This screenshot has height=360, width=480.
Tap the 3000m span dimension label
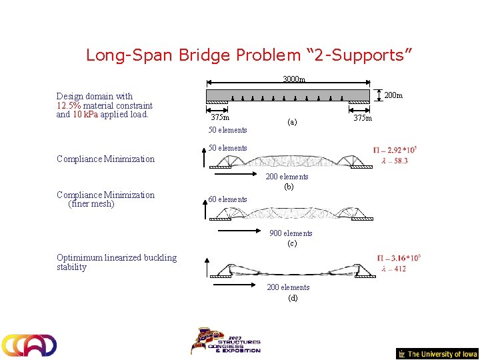293,80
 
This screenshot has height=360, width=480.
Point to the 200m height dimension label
393,95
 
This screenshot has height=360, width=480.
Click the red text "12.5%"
69,105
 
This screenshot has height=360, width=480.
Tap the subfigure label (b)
289,187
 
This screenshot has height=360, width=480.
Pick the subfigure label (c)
291,244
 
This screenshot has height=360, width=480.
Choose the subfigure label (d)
293,298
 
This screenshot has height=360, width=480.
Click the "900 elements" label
291,233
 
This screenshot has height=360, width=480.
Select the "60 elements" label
227,199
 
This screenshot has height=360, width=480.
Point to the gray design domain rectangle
287,95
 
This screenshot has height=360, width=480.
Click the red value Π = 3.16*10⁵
399,258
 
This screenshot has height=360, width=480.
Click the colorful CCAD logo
29,345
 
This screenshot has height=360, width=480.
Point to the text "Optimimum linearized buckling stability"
117,262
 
